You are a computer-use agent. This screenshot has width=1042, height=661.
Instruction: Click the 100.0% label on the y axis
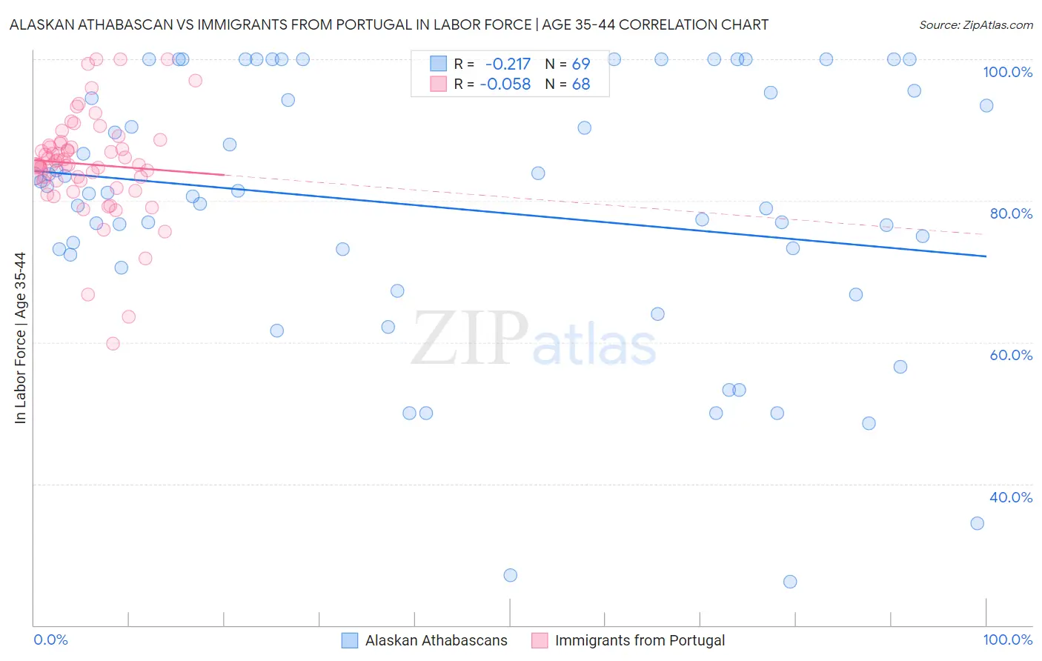click(1007, 72)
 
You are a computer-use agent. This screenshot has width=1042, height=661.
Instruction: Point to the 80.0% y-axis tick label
click(1011, 213)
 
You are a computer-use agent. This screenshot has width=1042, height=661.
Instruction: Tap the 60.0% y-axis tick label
click(1011, 355)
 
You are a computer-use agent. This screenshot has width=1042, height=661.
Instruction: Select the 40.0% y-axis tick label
click(1011, 497)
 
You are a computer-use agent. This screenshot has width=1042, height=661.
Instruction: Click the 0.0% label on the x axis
click(50, 640)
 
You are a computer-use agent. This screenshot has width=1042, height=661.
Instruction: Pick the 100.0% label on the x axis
click(1007, 640)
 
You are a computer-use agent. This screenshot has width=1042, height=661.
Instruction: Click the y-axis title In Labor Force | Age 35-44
click(20, 338)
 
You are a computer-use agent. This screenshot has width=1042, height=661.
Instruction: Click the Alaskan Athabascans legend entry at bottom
click(436, 640)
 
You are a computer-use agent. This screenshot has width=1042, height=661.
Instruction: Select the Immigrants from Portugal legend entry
click(640, 640)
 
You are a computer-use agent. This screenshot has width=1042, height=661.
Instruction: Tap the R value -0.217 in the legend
click(508, 64)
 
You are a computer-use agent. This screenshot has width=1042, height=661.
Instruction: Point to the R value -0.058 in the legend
click(505, 84)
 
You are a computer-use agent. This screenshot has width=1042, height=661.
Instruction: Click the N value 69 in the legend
click(581, 64)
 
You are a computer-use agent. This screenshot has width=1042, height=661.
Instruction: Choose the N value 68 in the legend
click(581, 84)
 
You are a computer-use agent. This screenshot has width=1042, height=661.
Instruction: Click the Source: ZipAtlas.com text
click(975, 24)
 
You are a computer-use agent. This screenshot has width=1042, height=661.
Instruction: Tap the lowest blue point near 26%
click(790, 582)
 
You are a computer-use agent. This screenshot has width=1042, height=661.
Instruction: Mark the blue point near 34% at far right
click(978, 523)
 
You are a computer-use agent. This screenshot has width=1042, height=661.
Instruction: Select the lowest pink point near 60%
click(113, 343)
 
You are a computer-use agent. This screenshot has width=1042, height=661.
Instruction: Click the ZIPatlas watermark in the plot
click(534, 339)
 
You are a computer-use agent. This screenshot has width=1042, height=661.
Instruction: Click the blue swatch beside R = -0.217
click(439, 64)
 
